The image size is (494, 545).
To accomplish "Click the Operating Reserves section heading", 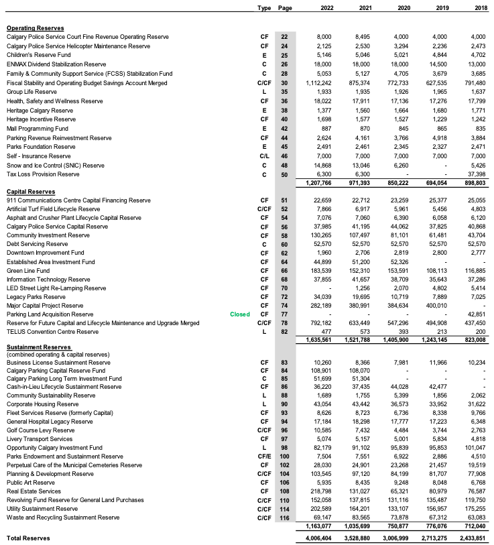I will (x=36, y=27).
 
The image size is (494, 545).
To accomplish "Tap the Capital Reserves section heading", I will (x=31, y=191).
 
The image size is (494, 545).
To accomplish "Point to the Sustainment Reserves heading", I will (x=36, y=347).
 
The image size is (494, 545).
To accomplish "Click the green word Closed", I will (x=239, y=314).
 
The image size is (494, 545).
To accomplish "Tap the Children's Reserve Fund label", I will (x=38, y=54).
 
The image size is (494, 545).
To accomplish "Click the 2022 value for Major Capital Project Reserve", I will (x=320, y=305).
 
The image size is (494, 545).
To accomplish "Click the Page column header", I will (x=284, y=8).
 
